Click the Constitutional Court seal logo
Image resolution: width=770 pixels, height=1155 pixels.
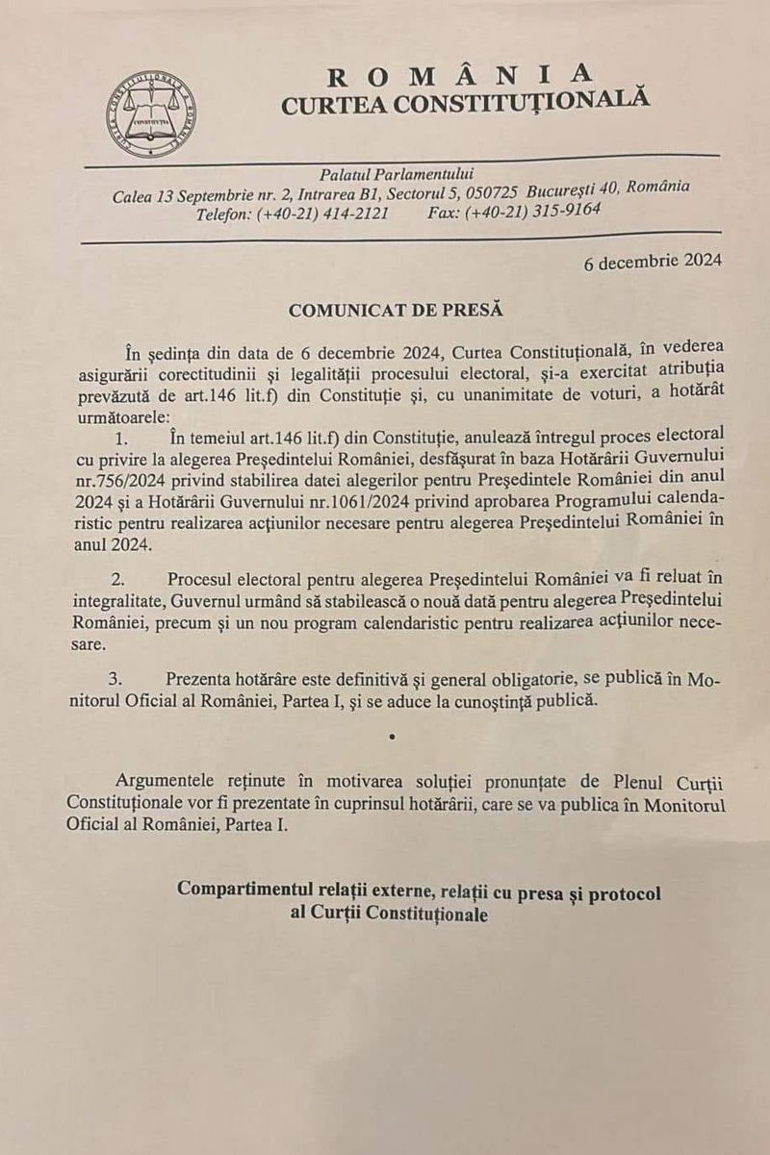[x=151, y=114]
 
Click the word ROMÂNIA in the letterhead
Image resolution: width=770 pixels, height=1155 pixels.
[x=460, y=75]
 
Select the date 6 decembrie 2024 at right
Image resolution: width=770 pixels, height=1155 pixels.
[x=653, y=261]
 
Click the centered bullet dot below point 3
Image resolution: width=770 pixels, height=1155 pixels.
[x=391, y=738]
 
